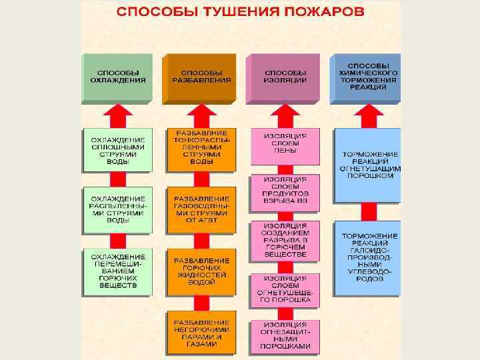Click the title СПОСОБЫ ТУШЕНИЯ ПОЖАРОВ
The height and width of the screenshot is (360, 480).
pos(241,13)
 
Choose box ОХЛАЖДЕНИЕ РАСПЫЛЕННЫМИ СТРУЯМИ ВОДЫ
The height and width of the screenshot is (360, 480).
pos(117,209)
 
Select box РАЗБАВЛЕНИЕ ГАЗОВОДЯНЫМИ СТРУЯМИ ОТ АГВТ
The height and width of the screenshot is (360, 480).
pos(201,209)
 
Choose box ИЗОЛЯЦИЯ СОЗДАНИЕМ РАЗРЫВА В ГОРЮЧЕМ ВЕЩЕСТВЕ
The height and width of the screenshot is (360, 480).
pos(285,240)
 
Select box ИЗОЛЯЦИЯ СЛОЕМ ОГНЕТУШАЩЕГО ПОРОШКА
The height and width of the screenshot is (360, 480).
pos(285,290)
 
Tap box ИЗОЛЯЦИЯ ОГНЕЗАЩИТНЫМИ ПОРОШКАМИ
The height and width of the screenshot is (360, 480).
pos(285,337)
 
